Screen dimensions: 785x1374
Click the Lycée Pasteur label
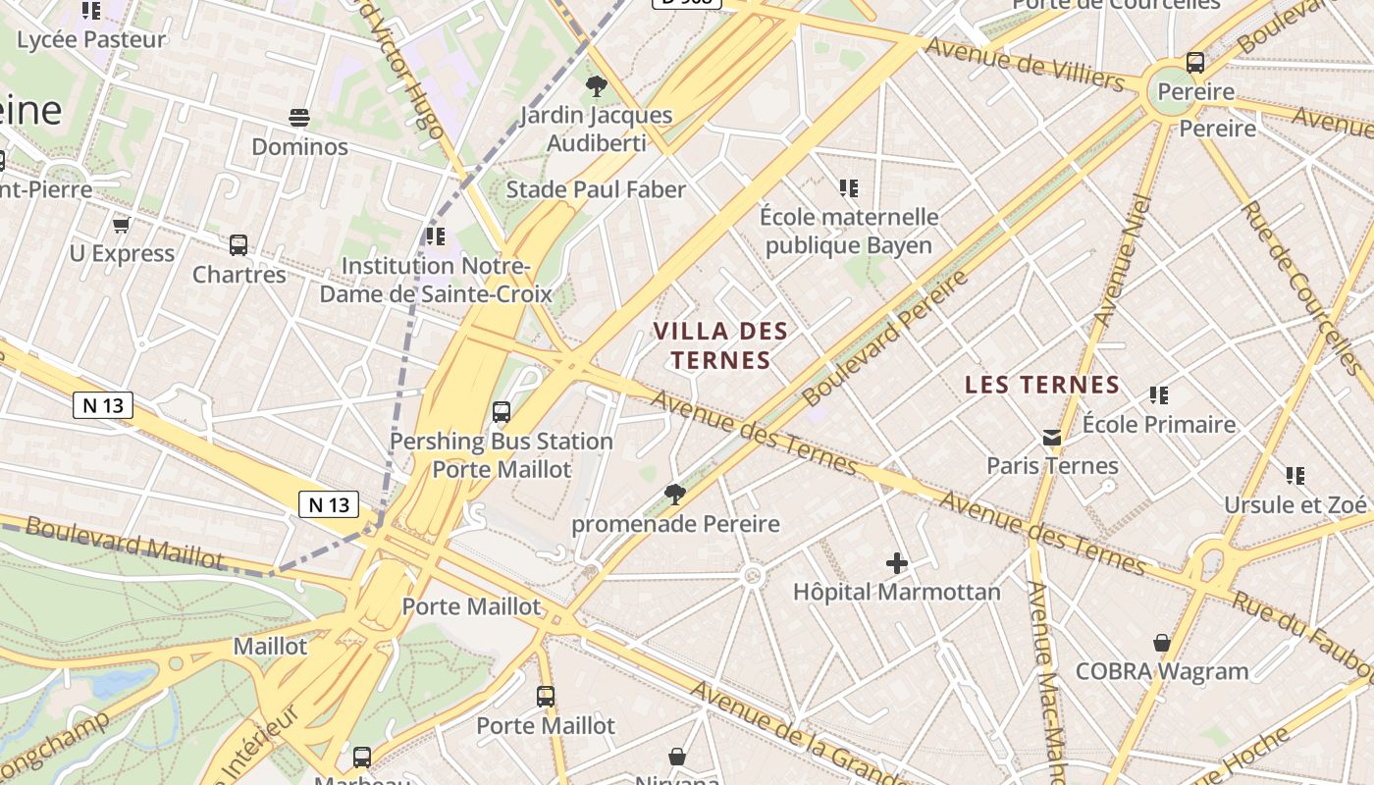(91, 40)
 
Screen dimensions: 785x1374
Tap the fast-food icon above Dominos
(299, 119)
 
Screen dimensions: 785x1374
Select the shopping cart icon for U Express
(122, 226)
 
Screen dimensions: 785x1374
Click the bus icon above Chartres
(238, 245)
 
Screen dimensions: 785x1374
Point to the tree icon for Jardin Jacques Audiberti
(596, 86)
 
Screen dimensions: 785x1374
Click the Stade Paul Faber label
(596, 189)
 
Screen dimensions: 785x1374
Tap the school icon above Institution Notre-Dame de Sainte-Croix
(436, 236)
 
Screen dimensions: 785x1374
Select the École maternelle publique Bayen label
(849, 231)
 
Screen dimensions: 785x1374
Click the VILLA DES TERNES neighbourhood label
(721, 344)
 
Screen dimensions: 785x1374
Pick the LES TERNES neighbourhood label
(1042, 385)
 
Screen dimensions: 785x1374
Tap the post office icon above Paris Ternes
(1052, 437)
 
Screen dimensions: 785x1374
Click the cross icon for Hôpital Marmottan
(896, 563)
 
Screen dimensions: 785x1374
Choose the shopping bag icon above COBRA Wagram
(1162, 643)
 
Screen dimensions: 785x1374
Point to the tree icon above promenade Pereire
(675, 494)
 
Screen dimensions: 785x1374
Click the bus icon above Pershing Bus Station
(502, 412)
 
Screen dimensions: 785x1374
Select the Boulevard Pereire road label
(885, 338)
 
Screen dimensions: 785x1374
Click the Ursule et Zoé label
(1295, 504)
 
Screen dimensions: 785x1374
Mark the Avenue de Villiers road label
(1025, 63)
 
